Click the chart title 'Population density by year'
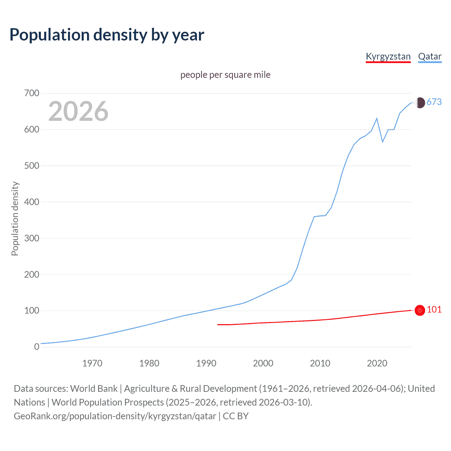point(107,35)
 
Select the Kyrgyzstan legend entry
point(388,56)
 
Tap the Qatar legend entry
point(430,56)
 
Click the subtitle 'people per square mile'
point(225,75)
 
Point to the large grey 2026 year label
point(78,111)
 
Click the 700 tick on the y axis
point(32,93)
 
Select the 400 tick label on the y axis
point(32,202)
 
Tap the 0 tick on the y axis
point(37,347)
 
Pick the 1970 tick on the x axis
point(92,363)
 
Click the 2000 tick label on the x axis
point(263,363)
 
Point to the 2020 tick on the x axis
point(377,363)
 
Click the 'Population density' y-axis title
point(15,218)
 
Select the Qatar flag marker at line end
point(420,103)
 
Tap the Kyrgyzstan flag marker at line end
point(420,310)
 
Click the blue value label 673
point(434,102)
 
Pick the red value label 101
point(434,309)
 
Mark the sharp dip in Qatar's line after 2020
point(383,142)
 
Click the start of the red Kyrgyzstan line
point(218,325)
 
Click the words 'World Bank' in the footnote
point(94,389)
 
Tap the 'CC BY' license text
point(236,416)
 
